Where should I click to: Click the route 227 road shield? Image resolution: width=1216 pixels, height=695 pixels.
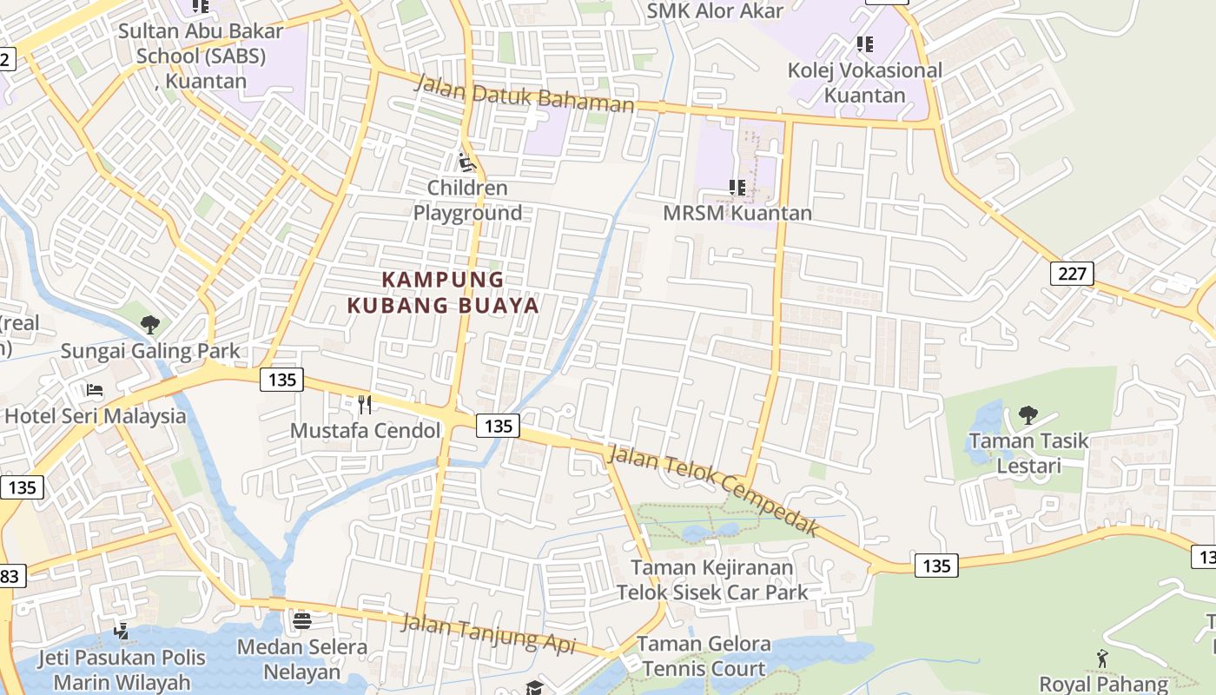click(x=1073, y=274)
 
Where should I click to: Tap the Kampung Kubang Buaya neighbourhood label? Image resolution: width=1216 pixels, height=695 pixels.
click(x=443, y=292)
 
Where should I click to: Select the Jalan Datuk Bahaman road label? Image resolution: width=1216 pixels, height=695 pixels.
click(x=525, y=93)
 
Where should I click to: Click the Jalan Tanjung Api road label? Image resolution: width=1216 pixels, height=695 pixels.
click(x=489, y=634)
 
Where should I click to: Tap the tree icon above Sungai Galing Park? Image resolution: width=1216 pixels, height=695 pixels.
click(x=149, y=325)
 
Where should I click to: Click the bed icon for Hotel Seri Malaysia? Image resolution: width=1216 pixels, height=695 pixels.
click(x=95, y=390)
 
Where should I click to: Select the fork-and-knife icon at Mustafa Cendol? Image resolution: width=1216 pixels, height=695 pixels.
click(x=365, y=404)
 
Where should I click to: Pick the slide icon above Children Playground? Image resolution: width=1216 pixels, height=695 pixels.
click(x=467, y=162)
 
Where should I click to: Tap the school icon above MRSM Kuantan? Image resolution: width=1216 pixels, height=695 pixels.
click(x=737, y=187)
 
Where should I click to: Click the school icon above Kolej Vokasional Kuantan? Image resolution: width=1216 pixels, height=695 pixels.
click(x=864, y=43)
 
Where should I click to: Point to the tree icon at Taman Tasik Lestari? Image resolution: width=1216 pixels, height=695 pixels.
click(x=1028, y=414)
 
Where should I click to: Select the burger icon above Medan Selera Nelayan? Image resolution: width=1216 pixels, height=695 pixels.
click(x=302, y=620)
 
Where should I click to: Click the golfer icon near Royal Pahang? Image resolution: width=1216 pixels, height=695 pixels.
click(x=1102, y=659)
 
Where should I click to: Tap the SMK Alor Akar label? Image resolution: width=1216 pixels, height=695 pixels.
click(x=715, y=10)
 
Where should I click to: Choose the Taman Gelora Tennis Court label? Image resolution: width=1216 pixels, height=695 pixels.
click(x=704, y=657)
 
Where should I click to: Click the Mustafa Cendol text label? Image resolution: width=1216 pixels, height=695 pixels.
click(x=366, y=430)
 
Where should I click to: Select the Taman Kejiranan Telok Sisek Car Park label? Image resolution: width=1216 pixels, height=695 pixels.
click(x=712, y=580)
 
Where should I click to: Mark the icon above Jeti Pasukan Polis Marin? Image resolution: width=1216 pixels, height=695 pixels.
click(x=121, y=631)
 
